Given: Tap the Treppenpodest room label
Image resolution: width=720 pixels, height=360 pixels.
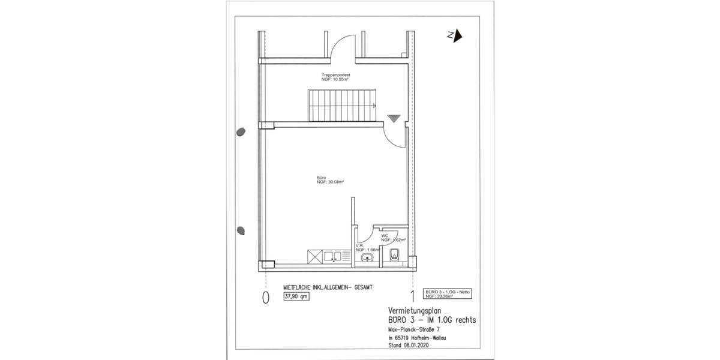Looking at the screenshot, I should pyautogui.click(x=335, y=77).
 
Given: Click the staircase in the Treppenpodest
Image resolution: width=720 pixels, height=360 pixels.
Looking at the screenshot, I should pyautogui.click(x=341, y=104).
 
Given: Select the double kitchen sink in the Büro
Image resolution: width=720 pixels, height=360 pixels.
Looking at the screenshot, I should pyautogui.click(x=332, y=257).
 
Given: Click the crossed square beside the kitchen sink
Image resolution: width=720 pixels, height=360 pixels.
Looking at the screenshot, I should pyautogui.click(x=315, y=257).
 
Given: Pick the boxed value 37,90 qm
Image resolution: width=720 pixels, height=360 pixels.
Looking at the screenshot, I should pyautogui.click(x=296, y=296).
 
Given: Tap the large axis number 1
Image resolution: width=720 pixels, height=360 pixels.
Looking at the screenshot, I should pyautogui.click(x=412, y=296).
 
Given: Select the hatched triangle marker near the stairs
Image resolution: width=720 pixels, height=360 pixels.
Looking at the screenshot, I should pyautogui.click(x=393, y=118).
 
